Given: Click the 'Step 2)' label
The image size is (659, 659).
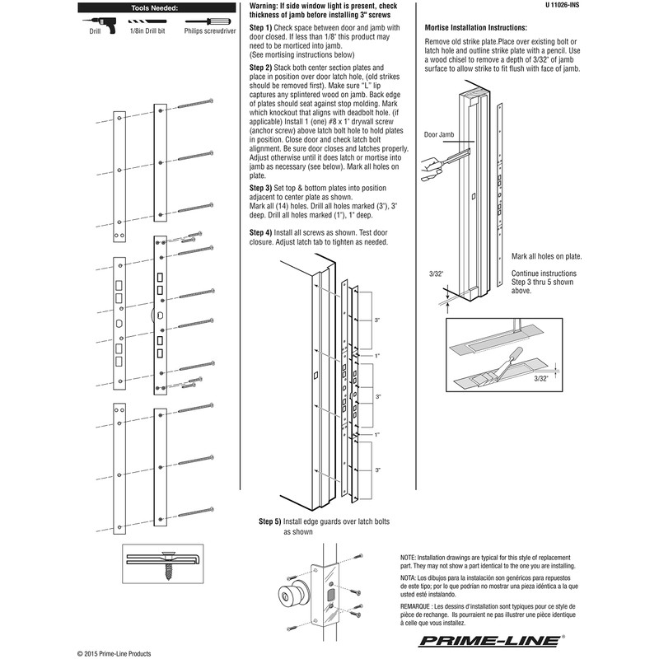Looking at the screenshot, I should tap(261, 66).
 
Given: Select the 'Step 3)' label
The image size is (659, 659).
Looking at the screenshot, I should tap(261, 188).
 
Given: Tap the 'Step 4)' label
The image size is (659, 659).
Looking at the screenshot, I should tap(261, 233).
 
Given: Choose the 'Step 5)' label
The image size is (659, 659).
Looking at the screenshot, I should tap(270, 522).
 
